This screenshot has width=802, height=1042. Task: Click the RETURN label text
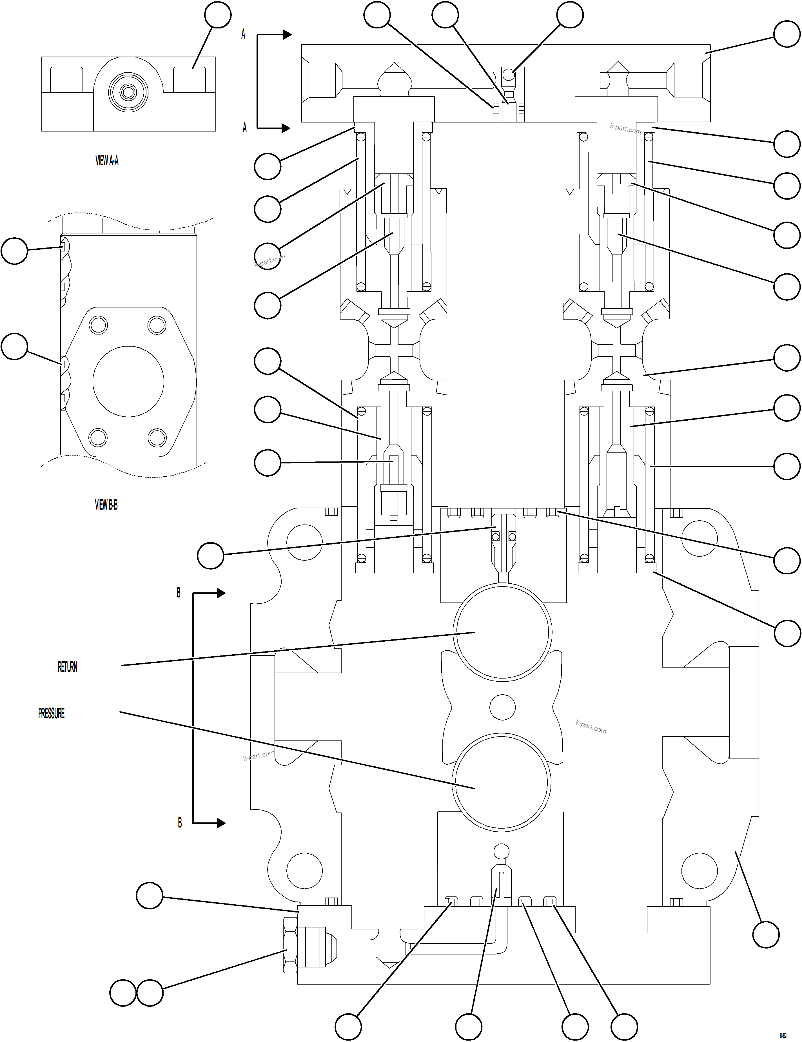(x=67, y=667)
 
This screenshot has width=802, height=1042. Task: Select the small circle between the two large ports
(x=502, y=707)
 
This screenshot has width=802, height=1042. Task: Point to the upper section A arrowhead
(x=287, y=34)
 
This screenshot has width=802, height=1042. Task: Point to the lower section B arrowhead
(x=221, y=823)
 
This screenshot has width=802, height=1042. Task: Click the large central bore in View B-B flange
(x=128, y=382)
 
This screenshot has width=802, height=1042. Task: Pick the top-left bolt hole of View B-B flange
(x=98, y=325)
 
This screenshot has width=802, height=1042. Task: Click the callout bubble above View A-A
(x=218, y=15)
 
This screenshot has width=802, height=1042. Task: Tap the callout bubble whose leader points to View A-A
(x=218, y=15)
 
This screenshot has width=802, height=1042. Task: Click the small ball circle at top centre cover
(x=509, y=75)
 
